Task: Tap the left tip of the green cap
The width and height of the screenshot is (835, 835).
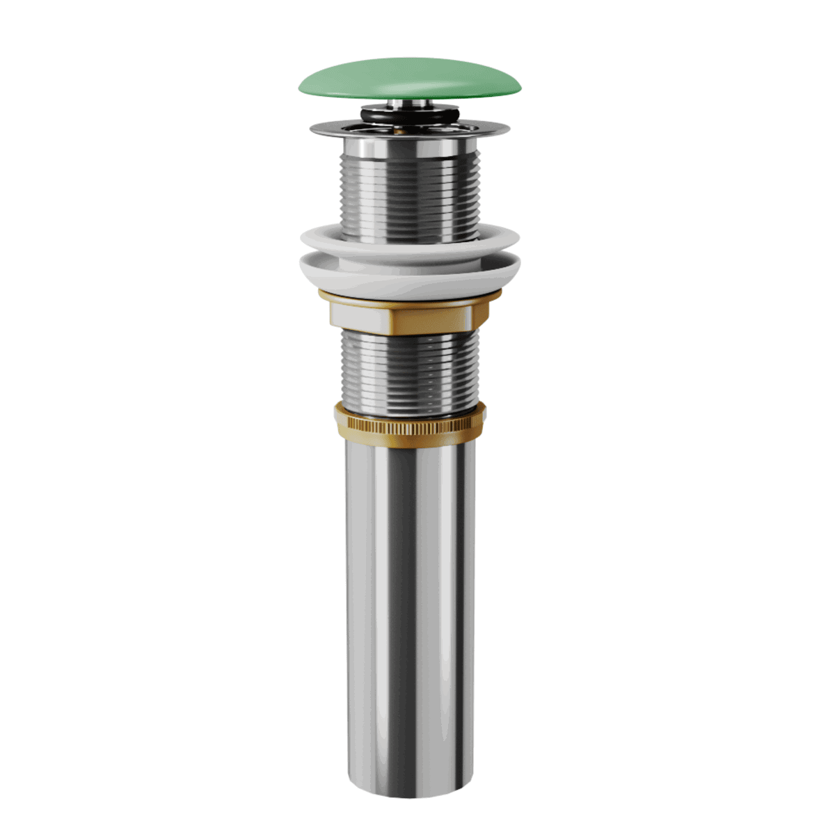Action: pyautogui.click(x=301, y=87)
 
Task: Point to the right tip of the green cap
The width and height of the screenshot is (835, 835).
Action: pyautogui.click(x=520, y=85)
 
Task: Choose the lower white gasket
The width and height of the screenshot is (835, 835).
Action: pyautogui.click(x=410, y=275)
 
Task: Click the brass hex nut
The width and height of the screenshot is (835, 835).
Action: pyautogui.click(x=431, y=317)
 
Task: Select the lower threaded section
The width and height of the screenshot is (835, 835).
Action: pyautogui.click(x=410, y=369)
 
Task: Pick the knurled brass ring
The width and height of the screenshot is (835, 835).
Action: pyautogui.click(x=410, y=421)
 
